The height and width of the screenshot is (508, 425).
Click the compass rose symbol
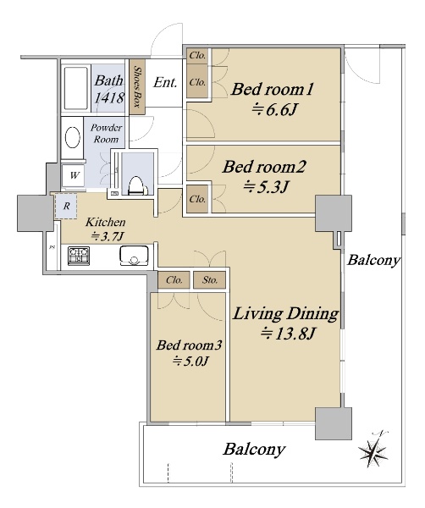coord(373,450)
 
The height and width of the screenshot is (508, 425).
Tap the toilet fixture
coord(136,185)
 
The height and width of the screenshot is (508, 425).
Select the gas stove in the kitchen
coord(79,256)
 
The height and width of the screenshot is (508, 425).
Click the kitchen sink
coord(134,256)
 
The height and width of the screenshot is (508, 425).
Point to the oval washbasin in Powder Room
coord(73,138)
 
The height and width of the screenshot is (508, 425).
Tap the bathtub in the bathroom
coord(76,88)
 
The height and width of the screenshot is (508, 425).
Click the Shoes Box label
coord(137,87)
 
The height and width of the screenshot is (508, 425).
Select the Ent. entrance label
coord(165,82)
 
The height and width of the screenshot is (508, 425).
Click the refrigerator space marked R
coord(66,206)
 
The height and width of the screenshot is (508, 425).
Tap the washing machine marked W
coord(74,175)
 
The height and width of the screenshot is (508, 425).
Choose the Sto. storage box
coord(210,279)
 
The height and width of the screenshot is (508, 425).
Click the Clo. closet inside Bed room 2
coord(197,199)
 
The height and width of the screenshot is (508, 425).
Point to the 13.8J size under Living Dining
coord(288,334)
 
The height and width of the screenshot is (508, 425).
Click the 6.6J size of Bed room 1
coord(274,110)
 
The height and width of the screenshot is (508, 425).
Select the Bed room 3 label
coord(189,345)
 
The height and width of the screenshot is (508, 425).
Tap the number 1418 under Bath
coord(109,97)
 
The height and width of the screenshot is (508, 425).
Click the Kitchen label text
coord(106,222)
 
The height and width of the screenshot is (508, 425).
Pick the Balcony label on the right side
coord(373,260)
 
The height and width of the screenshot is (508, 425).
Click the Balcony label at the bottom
coord(254,449)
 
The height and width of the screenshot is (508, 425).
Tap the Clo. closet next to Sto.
coord(174,279)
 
